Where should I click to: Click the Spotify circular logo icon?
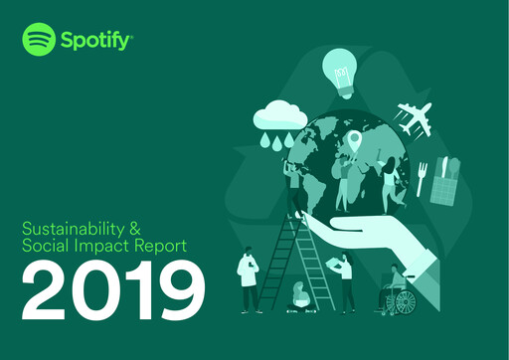[x=39, y=41]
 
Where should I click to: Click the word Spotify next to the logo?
[x=95, y=42]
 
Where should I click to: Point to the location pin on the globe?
[x=352, y=141]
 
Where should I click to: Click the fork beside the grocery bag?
[x=422, y=177]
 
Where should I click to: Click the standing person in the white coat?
[x=249, y=278]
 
